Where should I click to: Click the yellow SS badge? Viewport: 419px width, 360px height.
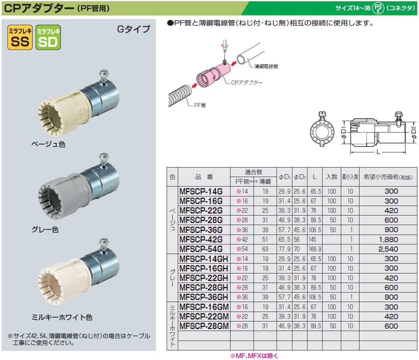[x=20, y=38]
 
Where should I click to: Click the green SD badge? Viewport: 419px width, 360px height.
[x=48, y=38]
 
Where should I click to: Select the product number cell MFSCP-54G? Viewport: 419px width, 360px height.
[x=201, y=249]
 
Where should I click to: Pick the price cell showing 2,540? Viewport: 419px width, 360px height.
[x=388, y=249]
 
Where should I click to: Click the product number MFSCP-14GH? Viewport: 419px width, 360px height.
[x=203, y=259]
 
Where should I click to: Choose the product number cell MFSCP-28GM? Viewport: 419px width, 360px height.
[x=204, y=326]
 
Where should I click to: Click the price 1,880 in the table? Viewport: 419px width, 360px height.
[x=388, y=239]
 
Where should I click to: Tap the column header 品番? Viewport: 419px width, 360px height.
[x=204, y=177]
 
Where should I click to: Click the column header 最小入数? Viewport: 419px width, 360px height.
[x=350, y=177]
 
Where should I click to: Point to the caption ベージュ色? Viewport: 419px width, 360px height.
[x=48, y=144]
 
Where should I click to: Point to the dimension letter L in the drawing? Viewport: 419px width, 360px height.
[x=377, y=152]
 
